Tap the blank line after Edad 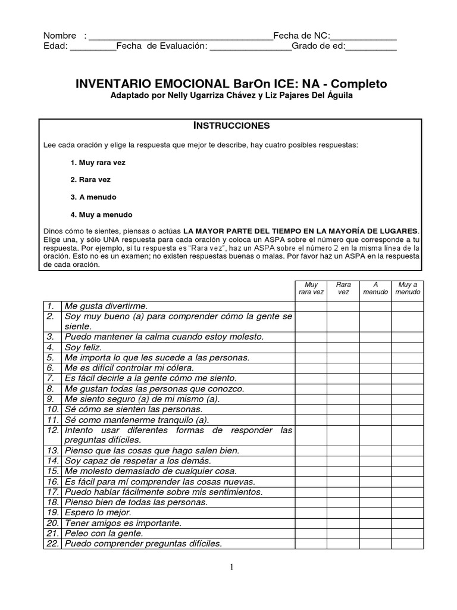pos(93,48)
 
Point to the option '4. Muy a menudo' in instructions pos(101,214)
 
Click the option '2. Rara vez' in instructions pos(90,179)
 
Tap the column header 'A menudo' pos(375,288)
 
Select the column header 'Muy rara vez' pos(311,288)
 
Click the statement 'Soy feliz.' pos(83,347)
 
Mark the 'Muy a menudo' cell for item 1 pos(407,306)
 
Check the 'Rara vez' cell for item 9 pos(343,399)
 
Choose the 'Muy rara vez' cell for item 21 pos(311,533)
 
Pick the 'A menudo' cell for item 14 pos(375,461)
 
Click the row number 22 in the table pos(52,543)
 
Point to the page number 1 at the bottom pos(232,567)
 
